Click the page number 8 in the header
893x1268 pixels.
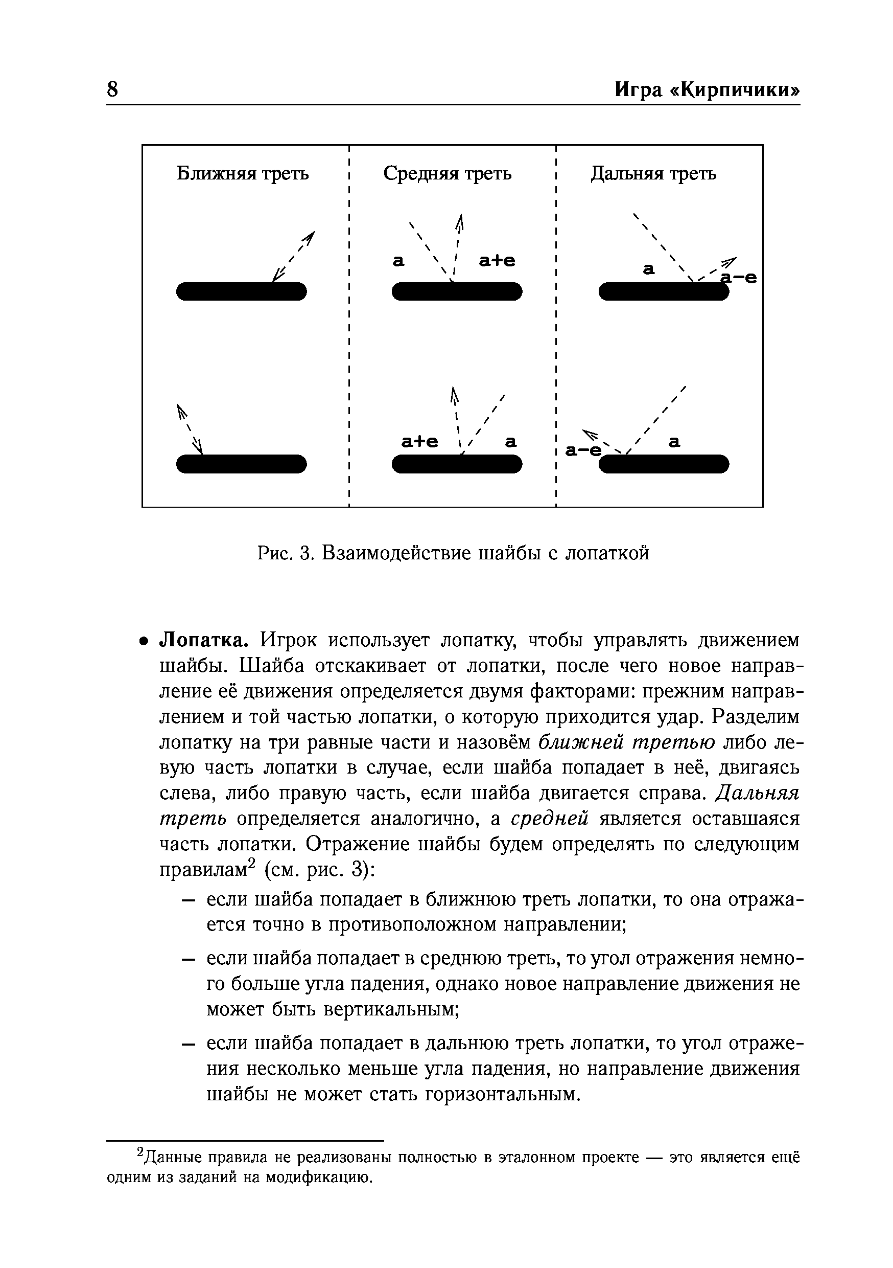[x=112, y=89]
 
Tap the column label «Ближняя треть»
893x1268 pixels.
[x=242, y=174]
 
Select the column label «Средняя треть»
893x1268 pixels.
[x=447, y=174]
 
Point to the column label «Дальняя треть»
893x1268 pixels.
[x=653, y=174]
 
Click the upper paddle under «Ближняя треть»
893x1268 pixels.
[x=241, y=291]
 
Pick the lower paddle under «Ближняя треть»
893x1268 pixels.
[x=241, y=464]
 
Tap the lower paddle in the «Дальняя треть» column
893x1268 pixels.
[x=664, y=464]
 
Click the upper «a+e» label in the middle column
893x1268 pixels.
[x=497, y=261]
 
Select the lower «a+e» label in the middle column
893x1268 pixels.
[x=419, y=442]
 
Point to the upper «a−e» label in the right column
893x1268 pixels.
[x=740, y=279]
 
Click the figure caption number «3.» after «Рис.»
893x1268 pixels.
[x=307, y=553]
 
